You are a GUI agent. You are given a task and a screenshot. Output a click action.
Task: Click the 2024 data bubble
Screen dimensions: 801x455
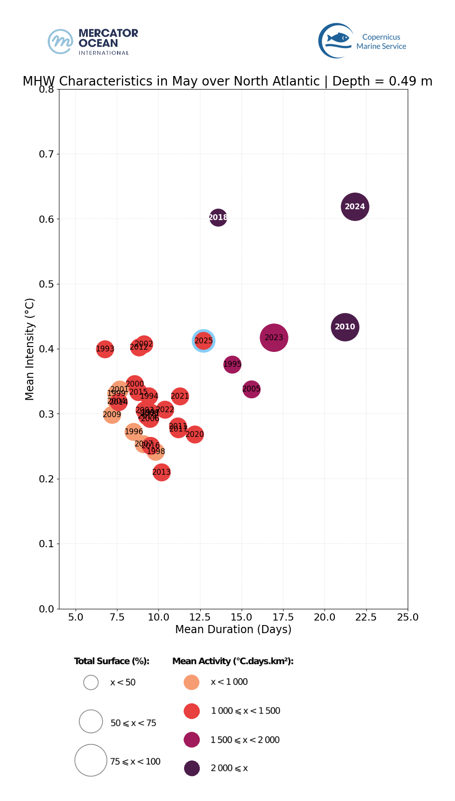(355, 207)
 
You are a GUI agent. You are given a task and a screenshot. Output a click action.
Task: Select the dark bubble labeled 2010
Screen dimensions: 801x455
(345, 327)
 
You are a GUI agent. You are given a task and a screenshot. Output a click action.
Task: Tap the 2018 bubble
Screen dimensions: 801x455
(218, 217)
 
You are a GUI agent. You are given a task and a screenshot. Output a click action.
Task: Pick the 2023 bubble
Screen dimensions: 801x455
(274, 337)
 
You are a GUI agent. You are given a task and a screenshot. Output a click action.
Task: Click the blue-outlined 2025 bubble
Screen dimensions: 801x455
(203, 341)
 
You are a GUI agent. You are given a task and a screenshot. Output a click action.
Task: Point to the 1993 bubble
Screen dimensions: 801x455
(105, 349)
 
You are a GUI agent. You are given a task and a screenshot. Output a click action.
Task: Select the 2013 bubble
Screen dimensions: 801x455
(161, 472)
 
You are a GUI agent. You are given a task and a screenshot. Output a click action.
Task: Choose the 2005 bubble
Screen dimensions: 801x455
(251, 389)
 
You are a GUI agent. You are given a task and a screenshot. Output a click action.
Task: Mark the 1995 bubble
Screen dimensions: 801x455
(232, 364)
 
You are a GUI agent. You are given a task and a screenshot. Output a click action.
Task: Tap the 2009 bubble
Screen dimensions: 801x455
(112, 414)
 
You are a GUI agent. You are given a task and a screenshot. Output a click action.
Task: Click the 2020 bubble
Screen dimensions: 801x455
(194, 434)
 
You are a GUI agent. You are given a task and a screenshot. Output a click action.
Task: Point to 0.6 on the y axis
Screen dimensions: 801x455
(46, 219)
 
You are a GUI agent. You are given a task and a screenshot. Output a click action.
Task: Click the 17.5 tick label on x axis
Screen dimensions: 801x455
(283, 617)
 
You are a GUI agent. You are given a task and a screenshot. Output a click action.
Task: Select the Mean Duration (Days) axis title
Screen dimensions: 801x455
(233, 629)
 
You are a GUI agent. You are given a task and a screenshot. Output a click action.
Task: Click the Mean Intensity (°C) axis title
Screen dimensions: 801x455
(30, 349)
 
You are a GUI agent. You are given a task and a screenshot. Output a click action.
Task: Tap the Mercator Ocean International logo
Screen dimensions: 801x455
(93, 42)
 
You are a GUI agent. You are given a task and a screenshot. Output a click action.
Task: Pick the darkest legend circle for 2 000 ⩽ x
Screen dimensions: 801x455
(192, 768)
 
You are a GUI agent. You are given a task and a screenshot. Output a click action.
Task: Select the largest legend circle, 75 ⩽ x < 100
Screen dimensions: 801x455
(91, 760)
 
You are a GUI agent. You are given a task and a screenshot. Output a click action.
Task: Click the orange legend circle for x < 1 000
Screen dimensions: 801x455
(192, 682)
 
